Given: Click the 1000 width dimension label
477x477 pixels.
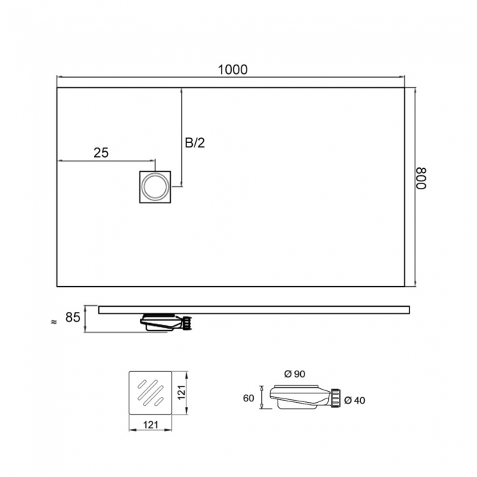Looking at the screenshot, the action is [x=233, y=70].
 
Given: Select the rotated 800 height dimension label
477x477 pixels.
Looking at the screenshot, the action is [x=421, y=178].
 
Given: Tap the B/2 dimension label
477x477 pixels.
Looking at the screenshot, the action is [x=195, y=142].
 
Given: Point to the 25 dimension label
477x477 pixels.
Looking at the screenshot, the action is [x=101, y=153].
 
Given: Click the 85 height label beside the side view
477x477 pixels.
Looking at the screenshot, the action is [x=73, y=317].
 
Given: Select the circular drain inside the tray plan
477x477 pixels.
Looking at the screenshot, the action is [x=155, y=187].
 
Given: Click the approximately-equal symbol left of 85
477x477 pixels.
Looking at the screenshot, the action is [x=54, y=322].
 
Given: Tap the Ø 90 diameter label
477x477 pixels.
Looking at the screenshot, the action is [x=295, y=374].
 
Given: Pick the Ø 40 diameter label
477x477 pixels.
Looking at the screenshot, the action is [x=354, y=401].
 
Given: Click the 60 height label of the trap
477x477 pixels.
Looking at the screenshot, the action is [x=249, y=398].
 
